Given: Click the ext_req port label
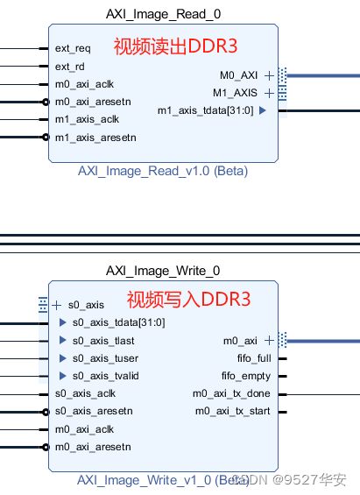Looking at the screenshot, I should (73, 48).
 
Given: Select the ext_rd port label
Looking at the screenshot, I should (70, 67).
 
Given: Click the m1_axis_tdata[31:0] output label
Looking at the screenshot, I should (205, 110).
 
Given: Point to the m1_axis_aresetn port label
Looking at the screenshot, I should (95, 138).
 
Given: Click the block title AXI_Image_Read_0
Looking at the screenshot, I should (163, 14).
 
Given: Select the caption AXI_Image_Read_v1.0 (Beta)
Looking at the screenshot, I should (163, 171).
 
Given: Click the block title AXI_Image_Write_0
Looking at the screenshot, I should (163, 271).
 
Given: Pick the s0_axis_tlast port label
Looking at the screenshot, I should (105, 341).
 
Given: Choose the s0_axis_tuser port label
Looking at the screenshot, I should (105, 358).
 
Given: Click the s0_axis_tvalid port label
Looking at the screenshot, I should (106, 376).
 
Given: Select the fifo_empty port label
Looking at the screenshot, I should (245, 376).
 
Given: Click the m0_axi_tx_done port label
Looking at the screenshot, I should (232, 393).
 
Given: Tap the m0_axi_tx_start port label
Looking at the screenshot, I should (232, 411).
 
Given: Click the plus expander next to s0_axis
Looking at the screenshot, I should (57, 305).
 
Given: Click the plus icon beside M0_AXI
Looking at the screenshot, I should (269, 75).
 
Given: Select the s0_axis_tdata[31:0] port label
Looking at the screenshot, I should (118, 322).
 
